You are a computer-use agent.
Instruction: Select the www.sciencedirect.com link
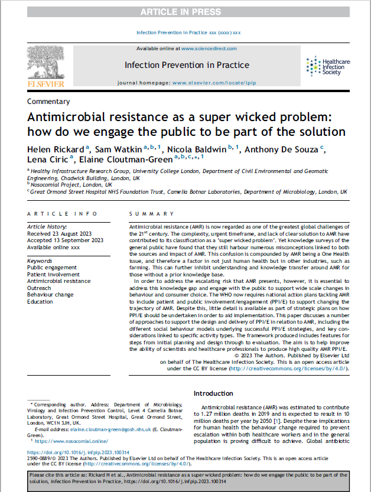[209, 48]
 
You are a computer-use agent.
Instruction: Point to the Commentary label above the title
[48, 102]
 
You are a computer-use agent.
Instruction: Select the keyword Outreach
[40, 287]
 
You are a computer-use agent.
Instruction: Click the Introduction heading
[213, 393]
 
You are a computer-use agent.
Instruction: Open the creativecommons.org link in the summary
[288, 368]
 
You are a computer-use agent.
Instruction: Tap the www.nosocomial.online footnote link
[67, 441]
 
